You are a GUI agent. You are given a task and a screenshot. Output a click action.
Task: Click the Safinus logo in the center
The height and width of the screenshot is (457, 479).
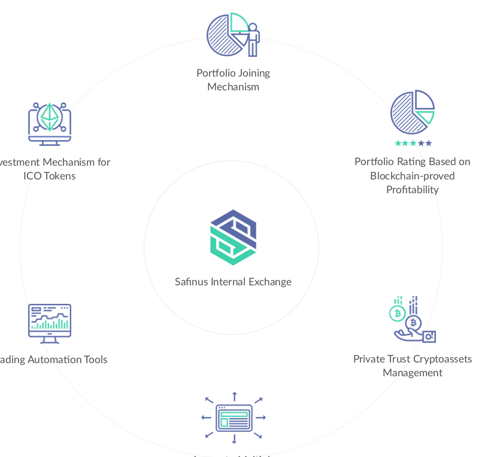click(x=233, y=237)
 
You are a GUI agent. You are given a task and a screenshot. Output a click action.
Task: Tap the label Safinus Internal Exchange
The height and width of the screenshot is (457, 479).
click(x=233, y=282)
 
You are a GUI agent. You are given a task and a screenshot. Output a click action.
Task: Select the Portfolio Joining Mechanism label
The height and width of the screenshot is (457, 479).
click(x=233, y=80)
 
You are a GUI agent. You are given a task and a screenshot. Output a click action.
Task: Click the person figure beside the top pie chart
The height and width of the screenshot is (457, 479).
click(x=253, y=39)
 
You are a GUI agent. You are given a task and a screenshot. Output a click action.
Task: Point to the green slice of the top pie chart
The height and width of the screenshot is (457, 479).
click(x=239, y=23)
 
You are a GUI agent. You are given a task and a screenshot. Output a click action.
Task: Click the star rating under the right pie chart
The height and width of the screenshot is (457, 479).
click(x=413, y=144)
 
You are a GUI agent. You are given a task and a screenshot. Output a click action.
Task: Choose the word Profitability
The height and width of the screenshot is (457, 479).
click(x=413, y=190)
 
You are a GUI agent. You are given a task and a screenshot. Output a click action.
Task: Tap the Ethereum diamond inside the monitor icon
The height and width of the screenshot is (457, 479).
click(x=50, y=117)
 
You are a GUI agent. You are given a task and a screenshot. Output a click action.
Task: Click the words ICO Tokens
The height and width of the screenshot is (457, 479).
click(x=50, y=176)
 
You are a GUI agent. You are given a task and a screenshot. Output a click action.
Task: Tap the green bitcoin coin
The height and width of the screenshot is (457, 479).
click(x=397, y=313)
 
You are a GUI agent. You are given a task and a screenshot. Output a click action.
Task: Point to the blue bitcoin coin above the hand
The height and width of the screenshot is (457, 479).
click(x=413, y=324)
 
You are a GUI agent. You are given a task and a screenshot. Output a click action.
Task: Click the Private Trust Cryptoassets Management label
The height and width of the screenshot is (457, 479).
click(x=413, y=365)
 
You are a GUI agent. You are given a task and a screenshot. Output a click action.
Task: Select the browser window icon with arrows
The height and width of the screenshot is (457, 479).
click(x=234, y=417)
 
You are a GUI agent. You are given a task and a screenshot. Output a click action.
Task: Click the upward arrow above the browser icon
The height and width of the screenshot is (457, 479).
click(x=234, y=395)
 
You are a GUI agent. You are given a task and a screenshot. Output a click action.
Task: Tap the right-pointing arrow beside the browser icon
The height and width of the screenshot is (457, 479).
click(x=260, y=417)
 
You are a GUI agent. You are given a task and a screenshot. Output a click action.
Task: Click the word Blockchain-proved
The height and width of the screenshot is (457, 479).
click(x=413, y=176)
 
